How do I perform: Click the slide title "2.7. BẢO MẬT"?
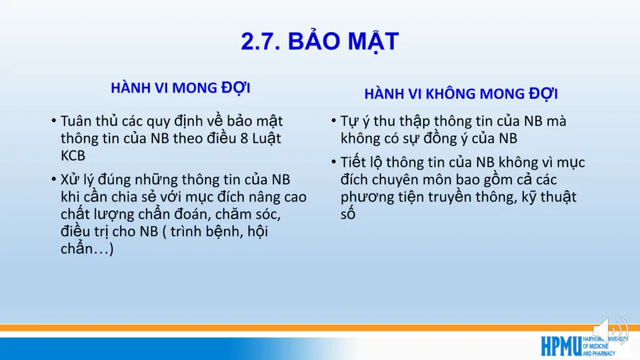[x=319, y=41]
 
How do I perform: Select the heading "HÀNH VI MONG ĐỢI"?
[x=181, y=88]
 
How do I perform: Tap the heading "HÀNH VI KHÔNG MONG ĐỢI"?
[x=461, y=93]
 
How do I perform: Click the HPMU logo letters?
[x=561, y=346]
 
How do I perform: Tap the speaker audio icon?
[x=610, y=331]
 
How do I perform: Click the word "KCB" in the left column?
[x=73, y=156]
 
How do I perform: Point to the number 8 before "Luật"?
[x=244, y=138]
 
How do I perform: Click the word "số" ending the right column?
[x=348, y=213]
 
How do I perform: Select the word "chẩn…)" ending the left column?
[x=87, y=248]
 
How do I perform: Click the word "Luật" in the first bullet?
[x=267, y=138]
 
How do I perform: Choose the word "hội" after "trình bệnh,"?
[x=258, y=231]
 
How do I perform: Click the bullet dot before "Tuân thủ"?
[x=53, y=121]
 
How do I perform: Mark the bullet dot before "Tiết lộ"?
[x=334, y=162]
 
